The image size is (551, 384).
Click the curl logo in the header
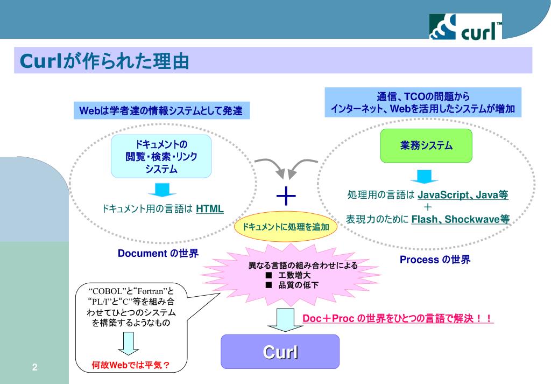(x=465, y=26)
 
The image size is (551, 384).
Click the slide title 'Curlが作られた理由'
(x=104, y=61)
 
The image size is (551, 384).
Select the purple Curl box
(x=280, y=352)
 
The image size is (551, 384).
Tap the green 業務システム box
(x=426, y=145)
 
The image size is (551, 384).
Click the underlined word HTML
(x=210, y=209)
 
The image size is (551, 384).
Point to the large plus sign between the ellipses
(x=286, y=197)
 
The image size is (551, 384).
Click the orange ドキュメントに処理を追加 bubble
(x=286, y=227)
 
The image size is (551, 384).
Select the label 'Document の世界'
(x=158, y=253)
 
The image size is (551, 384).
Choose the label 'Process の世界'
(x=435, y=260)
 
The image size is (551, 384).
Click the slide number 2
(x=34, y=367)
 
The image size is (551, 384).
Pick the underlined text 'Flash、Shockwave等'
(x=460, y=219)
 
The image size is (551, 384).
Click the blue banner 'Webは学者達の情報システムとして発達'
(x=161, y=111)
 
